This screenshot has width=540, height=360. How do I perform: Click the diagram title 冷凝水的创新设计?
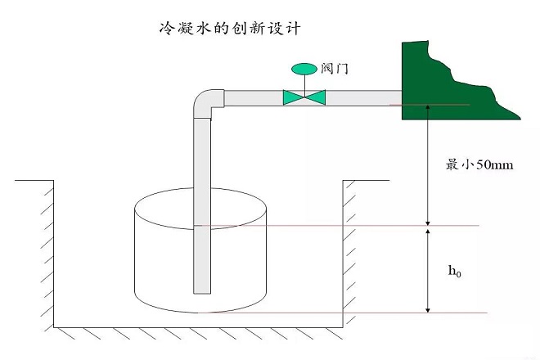pyautogui.click(x=230, y=29)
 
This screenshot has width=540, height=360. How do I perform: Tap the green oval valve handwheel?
pyautogui.click(x=304, y=69)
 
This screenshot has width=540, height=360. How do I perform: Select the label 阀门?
pyautogui.click(x=335, y=69)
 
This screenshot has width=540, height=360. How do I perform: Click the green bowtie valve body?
pyautogui.click(x=304, y=97)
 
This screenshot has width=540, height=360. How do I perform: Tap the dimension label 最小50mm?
pyautogui.click(x=479, y=164)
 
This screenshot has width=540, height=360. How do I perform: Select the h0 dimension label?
pyautogui.click(x=454, y=271)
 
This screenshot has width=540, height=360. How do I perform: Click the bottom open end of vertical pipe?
pyautogui.click(x=202, y=292)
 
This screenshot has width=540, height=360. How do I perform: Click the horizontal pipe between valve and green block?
pyautogui.click(x=363, y=97)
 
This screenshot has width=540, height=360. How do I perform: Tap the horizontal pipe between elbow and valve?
pyautogui.click(x=254, y=98)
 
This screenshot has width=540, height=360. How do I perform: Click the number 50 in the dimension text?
pyautogui.click(x=484, y=164)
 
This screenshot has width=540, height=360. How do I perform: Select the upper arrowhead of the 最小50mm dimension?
pyautogui.click(x=428, y=107)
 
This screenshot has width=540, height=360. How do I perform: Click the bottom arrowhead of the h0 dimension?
pyautogui.click(x=428, y=310)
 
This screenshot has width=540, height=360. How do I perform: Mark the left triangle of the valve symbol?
pyautogui.click(x=294, y=97)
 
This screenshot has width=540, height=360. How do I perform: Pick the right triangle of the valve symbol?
pyautogui.click(x=315, y=97)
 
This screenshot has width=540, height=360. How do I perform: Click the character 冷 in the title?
pyautogui.click(x=166, y=29)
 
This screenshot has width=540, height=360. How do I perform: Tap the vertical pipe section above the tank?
pyautogui.click(x=202, y=153)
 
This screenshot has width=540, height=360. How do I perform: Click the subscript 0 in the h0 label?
pyautogui.click(x=459, y=274)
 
